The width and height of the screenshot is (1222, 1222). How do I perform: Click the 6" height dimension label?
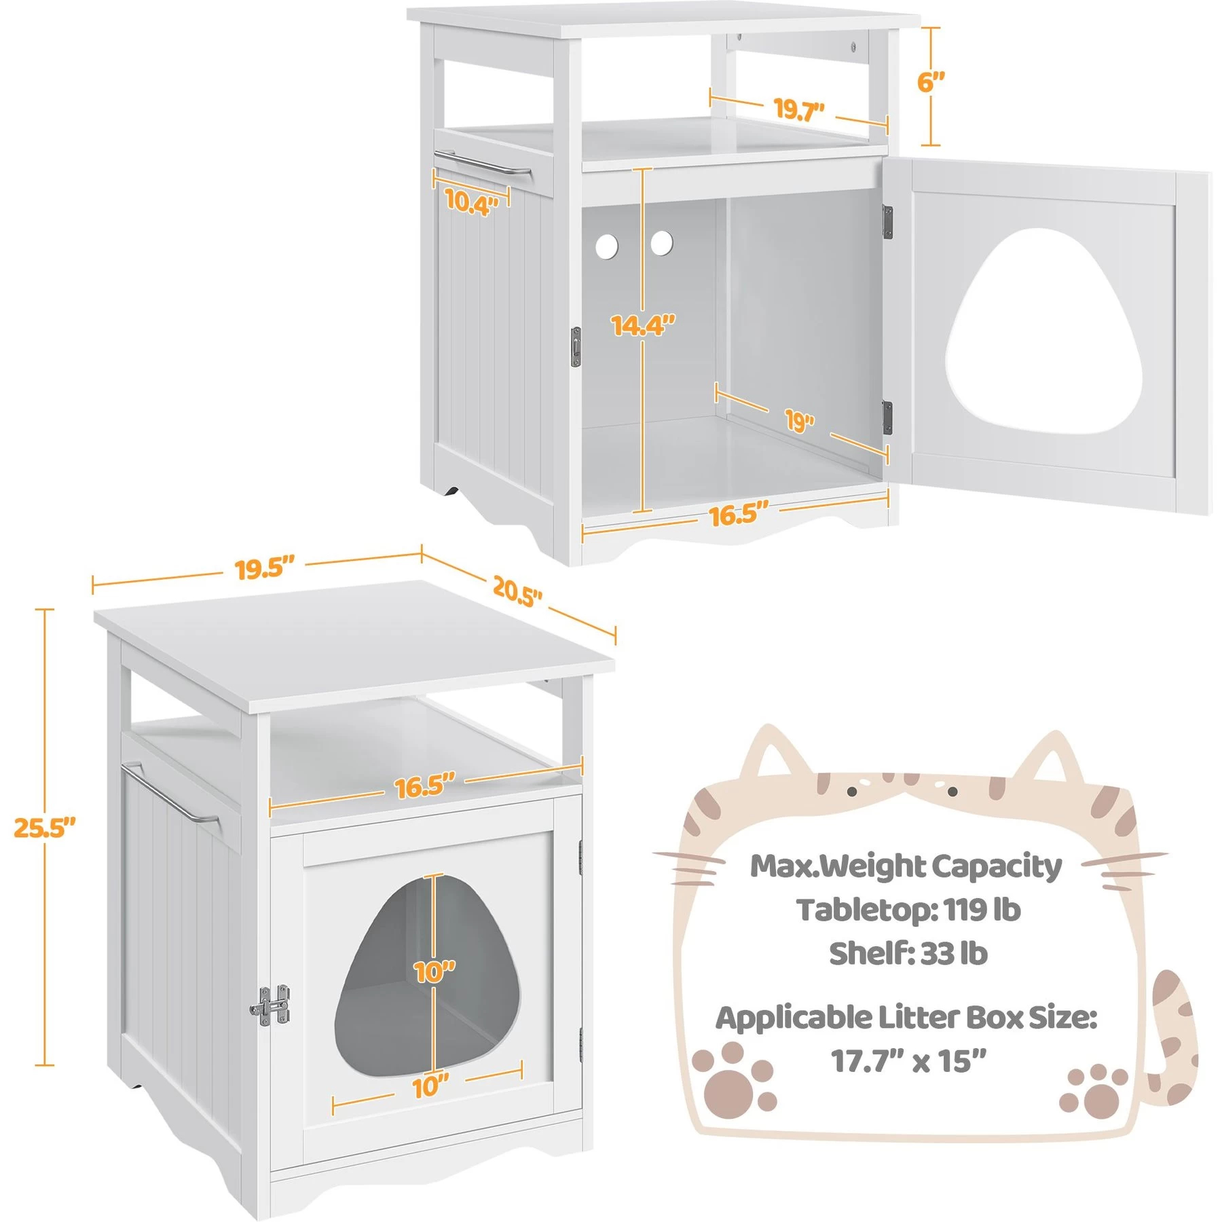(931, 82)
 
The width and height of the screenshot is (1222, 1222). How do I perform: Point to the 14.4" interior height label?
(643, 325)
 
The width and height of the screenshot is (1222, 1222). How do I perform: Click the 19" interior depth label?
(800, 421)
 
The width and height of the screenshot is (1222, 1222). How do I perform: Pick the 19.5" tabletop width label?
(265, 568)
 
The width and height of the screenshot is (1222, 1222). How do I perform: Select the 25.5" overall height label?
(45, 828)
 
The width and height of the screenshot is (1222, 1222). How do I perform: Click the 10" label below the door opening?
(430, 1087)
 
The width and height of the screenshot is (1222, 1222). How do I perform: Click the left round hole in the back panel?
(607, 246)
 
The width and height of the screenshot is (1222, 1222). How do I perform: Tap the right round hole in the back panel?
(661, 242)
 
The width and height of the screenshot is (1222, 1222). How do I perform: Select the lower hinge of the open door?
(887, 417)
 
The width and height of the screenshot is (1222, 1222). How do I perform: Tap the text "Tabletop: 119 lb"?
(908, 910)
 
